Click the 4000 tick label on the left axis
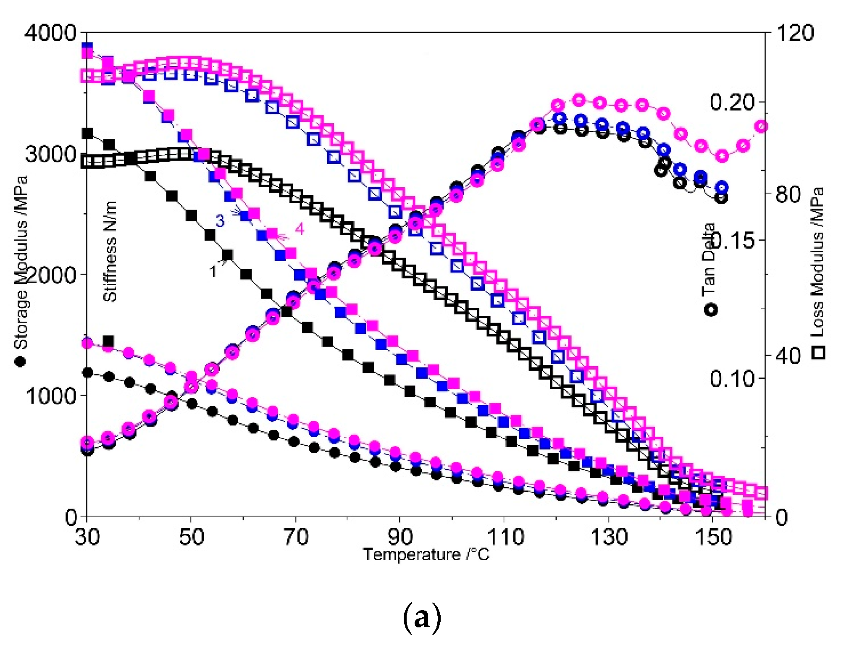coord(50,33)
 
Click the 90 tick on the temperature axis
coord(399,537)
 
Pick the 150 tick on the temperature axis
coord(713,537)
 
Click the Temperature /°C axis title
coord(426,555)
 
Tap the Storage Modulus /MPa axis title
coord(21,262)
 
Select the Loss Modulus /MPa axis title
coord(817,262)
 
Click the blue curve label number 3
coord(220,221)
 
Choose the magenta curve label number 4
coord(299,229)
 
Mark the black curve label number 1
coord(213,272)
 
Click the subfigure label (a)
coord(422,618)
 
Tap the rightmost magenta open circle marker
coord(761,126)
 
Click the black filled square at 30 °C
coord(87,134)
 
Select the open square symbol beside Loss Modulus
coord(818,352)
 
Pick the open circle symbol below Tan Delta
coord(711,310)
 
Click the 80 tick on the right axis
coord(788,194)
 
